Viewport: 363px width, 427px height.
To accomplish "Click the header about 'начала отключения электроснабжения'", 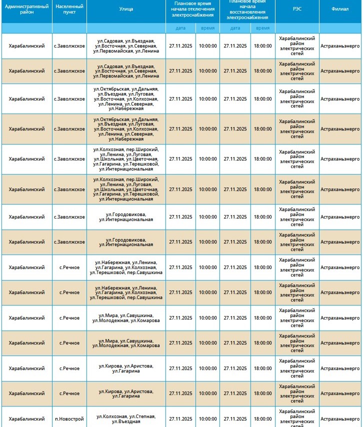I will coord(192,9).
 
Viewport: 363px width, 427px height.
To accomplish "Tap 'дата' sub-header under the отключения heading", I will coord(180,28).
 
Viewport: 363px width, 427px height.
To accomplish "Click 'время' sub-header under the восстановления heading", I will coord(262,28).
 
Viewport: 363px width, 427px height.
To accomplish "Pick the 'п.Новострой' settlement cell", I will coord(69,418).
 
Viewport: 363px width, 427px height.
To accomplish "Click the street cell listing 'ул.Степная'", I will coord(126,418).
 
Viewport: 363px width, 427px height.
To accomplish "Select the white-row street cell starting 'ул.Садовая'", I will coord(126,45).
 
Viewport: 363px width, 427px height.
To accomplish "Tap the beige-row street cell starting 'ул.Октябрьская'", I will coord(126,129).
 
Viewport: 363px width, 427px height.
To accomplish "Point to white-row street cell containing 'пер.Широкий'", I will coord(126,159).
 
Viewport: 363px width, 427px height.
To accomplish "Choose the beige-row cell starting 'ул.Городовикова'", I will coord(126,242).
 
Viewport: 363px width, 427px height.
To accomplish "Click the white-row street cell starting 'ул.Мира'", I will coord(126,317).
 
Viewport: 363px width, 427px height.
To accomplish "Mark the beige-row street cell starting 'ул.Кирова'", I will coord(126,393).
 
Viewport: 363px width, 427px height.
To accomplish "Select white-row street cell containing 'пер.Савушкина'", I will coord(126,267).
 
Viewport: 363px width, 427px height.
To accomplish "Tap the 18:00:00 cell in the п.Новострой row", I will coord(262,418).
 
